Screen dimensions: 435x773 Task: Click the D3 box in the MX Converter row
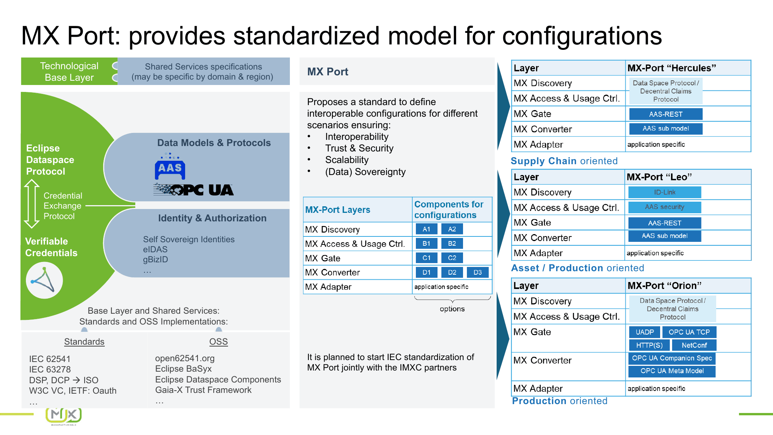pos(477,272)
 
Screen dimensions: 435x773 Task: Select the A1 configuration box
pos(426,229)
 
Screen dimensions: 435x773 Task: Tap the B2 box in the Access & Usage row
pos(452,243)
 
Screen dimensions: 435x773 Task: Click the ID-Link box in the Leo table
pos(664,192)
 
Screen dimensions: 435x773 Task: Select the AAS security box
pos(664,207)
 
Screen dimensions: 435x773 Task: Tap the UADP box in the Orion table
pos(645,332)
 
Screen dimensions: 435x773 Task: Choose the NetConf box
pos(694,345)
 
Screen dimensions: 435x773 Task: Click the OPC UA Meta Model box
pos(672,371)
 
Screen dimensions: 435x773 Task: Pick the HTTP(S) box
pos(649,345)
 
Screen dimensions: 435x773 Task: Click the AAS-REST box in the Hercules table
pos(666,114)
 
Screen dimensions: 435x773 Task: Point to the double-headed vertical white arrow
pos(32,204)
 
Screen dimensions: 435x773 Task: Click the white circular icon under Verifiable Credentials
pos(44,280)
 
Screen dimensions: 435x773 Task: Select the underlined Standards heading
pos(84,342)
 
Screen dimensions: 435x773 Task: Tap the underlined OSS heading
pos(218,342)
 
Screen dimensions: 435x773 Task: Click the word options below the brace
pos(452,309)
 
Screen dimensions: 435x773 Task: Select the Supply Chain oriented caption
pos(564,161)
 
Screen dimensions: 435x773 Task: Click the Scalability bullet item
pos(347,160)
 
